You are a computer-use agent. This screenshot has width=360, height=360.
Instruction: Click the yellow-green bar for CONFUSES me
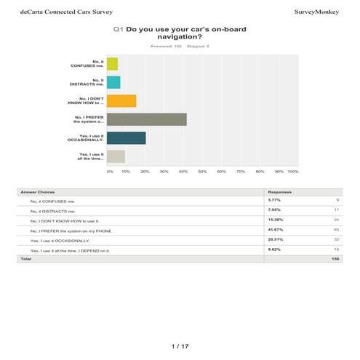pos(112,63)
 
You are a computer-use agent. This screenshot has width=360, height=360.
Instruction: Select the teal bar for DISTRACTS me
pos(113,82)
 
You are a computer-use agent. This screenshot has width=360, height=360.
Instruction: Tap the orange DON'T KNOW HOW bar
pos(121,101)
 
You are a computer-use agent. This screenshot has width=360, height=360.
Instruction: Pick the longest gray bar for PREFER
pos(147,119)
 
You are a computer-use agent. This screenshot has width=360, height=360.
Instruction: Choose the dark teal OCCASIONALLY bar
pos(127,137)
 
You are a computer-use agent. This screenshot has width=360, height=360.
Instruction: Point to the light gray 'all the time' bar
pos(116,156)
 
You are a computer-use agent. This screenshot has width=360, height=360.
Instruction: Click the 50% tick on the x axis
pos(202,172)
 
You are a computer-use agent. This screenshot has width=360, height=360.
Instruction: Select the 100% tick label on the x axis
pos(293,172)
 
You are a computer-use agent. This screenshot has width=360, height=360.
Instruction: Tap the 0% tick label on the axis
pos(110,172)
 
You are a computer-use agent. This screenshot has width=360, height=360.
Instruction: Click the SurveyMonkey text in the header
pos(320,12)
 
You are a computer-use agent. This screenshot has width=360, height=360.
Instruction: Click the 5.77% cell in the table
pos(275,199)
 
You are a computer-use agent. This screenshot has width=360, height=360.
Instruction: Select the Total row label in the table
pos(26,258)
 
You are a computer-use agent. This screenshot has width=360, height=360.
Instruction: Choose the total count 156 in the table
pos(335,258)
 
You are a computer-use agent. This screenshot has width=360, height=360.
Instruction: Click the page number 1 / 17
pos(180,345)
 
